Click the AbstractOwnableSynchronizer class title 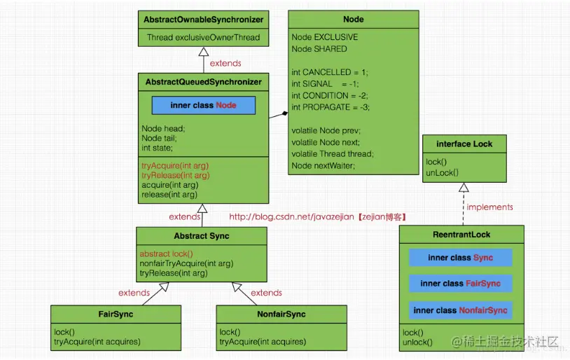203,20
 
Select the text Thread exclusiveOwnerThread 203,37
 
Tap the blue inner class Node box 204,105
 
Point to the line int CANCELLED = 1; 330,72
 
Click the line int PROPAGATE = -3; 331,107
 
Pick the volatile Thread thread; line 332,154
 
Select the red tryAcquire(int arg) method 175,166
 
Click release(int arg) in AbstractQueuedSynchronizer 169,195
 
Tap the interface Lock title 464,144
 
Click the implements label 489,207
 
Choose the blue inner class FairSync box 461,283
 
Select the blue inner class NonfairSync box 461,310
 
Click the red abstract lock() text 166,254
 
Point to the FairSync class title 116,314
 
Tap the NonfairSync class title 281,314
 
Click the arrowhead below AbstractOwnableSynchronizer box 204,51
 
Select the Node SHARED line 319,49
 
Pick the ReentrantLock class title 461,235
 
